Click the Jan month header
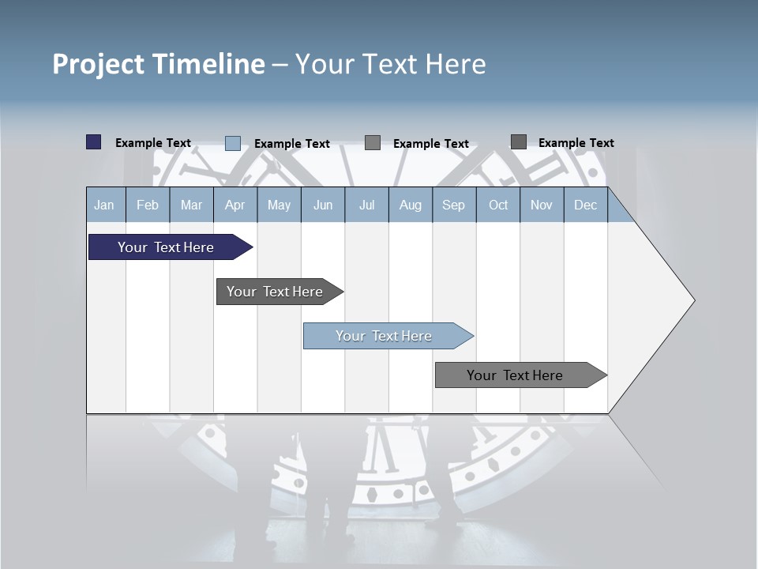click(x=104, y=205)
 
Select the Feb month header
click(x=148, y=205)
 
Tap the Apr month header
click(x=235, y=205)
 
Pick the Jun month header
click(x=323, y=205)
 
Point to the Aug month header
click(x=410, y=205)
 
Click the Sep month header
click(x=453, y=205)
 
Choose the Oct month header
click(x=498, y=205)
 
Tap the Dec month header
click(x=586, y=205)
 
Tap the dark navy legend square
click(x=94, y=142)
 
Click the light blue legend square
click(x=233, y=143)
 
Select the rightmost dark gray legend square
click(x=519, y=142)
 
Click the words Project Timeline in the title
click(x=158, y=64)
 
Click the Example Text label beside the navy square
click(x=153, y=143)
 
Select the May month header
click(x=279, y=205)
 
